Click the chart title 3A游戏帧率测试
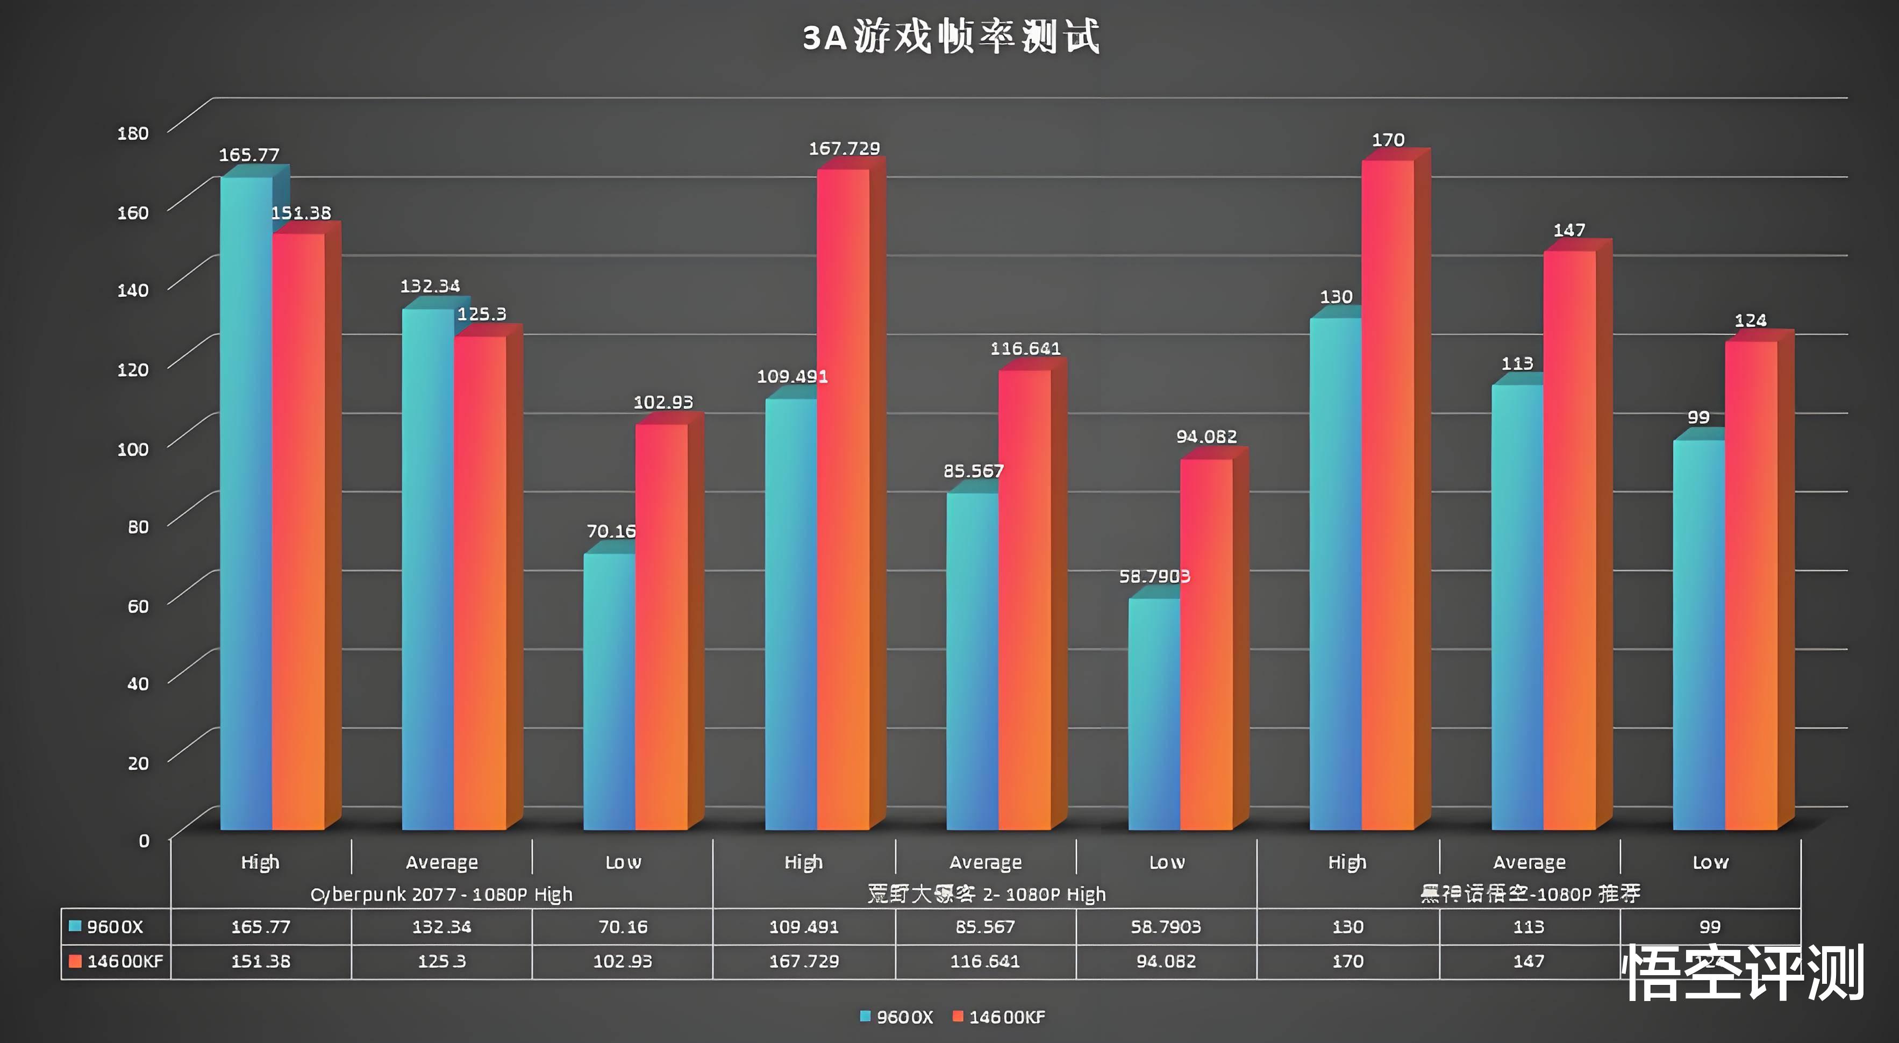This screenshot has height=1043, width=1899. coord(951,37)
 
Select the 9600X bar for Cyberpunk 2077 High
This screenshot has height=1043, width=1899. coord(246,501)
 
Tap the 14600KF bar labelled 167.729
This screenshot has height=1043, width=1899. coord(843,501)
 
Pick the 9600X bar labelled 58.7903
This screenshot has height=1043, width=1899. coord(1154,715)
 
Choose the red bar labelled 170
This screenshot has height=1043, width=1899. coord(1387,494)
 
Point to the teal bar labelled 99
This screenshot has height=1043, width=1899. coord(1698,634)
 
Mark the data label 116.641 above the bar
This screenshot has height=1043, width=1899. coord(1025,348)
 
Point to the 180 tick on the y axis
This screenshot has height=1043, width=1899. coord(133,133)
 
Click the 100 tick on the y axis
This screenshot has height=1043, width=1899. coord(133,449)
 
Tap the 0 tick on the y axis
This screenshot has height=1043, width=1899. coord(144,840)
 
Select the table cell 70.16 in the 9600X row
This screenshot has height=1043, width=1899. coord(622,926)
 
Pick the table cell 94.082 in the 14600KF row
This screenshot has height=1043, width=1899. coord(1166,961)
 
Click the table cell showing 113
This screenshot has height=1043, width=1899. coord(1528,926)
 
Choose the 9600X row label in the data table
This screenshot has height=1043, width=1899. coord(115,926)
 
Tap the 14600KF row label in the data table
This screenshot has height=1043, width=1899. coord(124,961)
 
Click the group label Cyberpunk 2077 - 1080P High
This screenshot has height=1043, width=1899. coord(441,894)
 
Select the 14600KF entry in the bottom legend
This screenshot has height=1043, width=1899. coord(1006,1017)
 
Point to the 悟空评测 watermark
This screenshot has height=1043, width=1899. coord(1744,973)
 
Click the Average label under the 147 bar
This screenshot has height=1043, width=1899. coord(1529,862)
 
